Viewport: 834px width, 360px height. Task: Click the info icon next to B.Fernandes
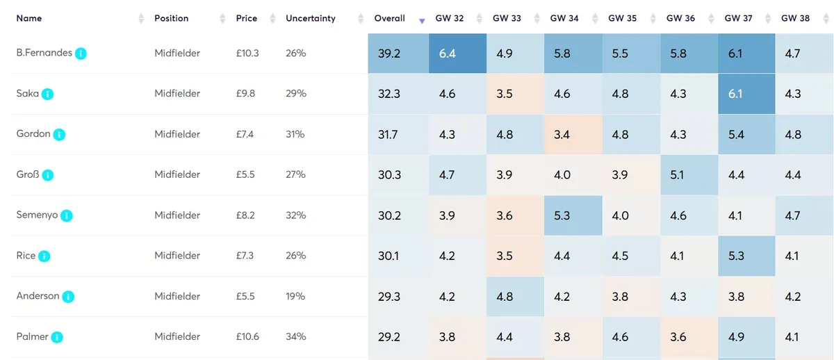click(81, 54)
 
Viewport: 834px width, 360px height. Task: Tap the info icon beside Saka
click(47, 94)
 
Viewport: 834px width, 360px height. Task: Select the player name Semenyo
click(37, 215)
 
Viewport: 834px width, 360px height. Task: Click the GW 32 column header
click(449, 19)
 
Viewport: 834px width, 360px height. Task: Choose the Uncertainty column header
click(310, 19)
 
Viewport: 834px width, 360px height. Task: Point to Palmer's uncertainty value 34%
click(295, 337)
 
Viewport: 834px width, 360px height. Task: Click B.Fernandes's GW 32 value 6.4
click(447, 54)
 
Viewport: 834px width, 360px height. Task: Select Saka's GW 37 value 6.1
click(735, 94)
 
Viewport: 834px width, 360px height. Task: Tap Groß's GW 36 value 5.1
click(678, 175)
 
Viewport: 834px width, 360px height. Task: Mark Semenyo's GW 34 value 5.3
click(562, 215)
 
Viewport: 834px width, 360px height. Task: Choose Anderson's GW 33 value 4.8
click(505, 297)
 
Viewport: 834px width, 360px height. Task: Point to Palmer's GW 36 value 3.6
click(678, 337)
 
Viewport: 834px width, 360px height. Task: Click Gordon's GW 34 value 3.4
click(562, 134)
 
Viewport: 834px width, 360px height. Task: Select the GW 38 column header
click(795, 19)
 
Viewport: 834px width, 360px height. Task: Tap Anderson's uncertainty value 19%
click(295, 297)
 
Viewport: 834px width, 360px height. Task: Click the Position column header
click(171, 19)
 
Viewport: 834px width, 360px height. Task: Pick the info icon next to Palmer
click(57, 338)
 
